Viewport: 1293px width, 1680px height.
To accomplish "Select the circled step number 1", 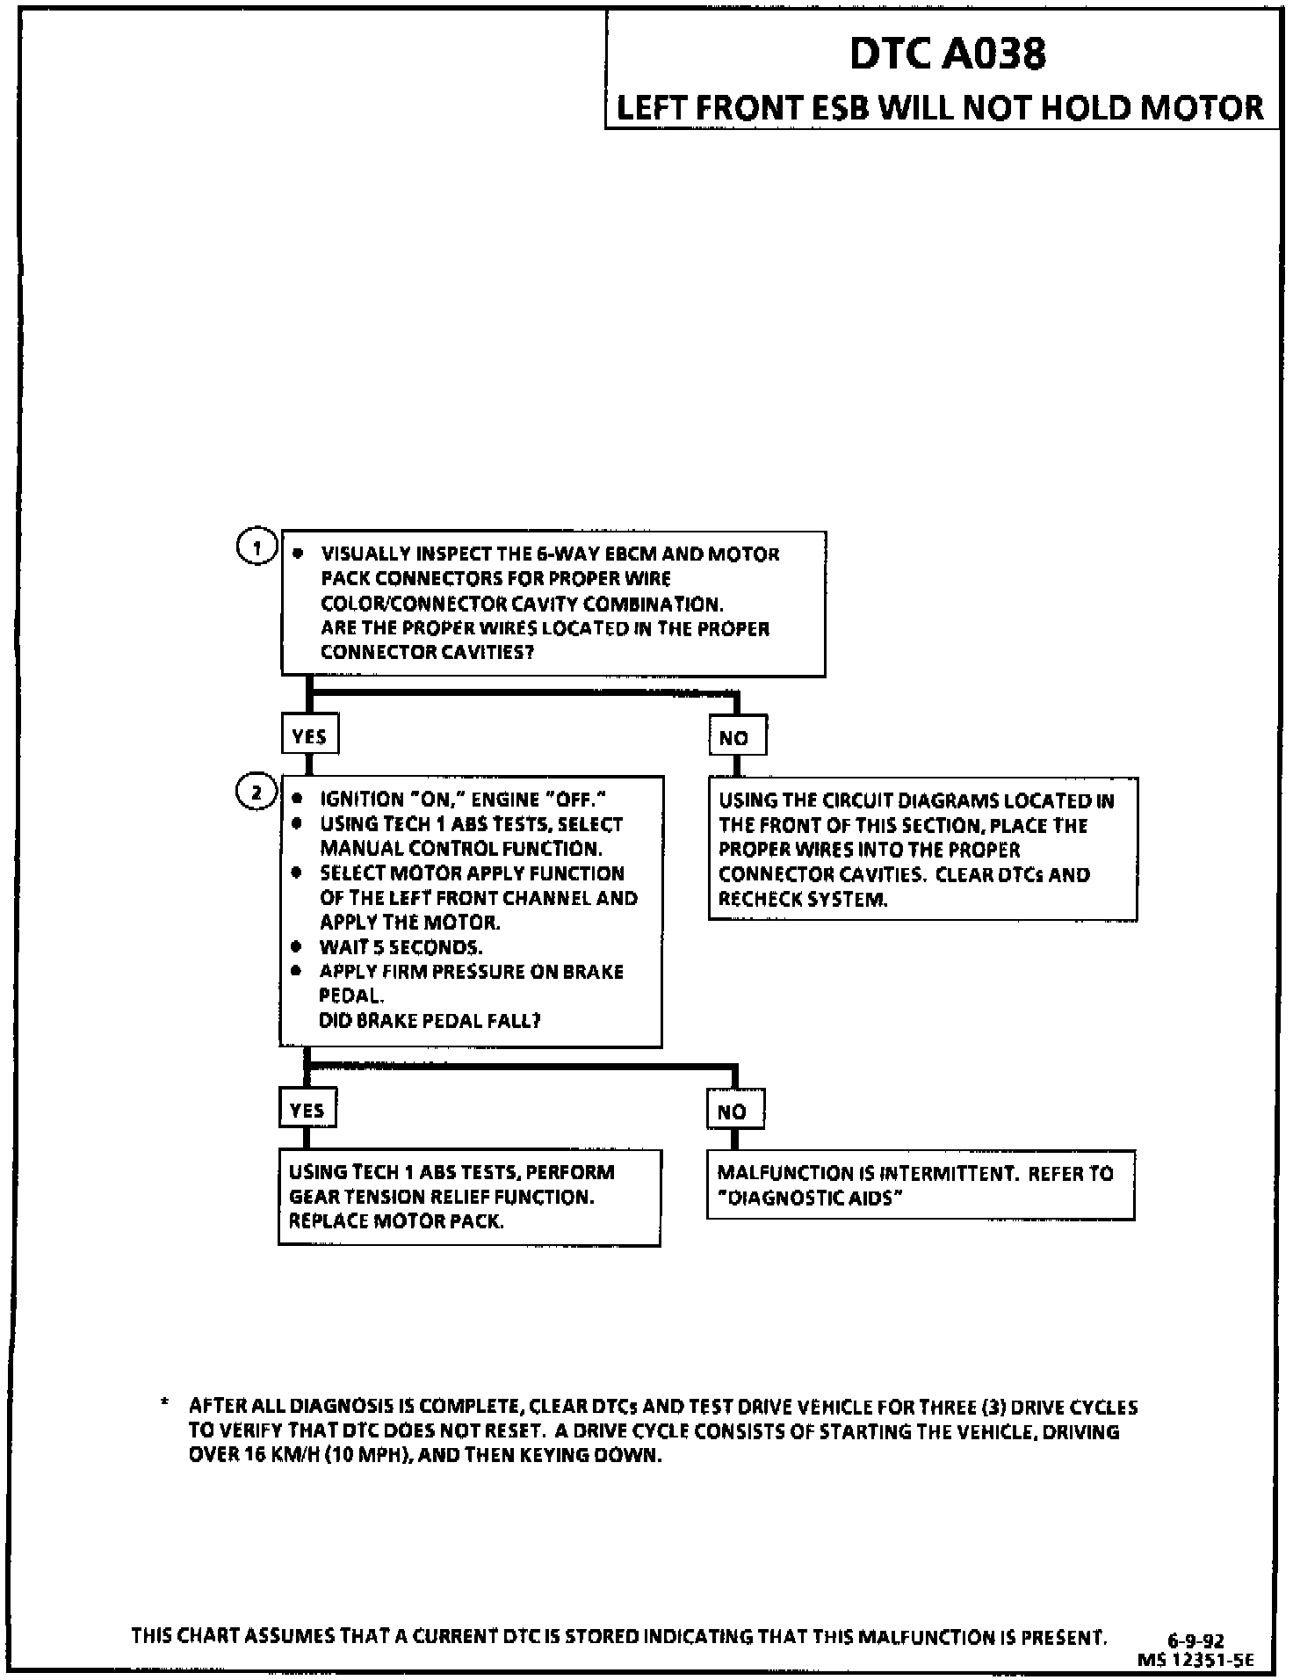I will pos(256,548).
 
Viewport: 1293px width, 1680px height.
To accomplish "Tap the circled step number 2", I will pos(256,793).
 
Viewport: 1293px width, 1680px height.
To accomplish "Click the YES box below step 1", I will pos(309,736).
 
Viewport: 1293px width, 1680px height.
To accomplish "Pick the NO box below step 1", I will pos(736,737).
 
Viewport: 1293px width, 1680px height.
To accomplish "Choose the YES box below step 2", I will pos(307,1110).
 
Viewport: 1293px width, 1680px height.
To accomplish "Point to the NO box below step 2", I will pos(733,1112).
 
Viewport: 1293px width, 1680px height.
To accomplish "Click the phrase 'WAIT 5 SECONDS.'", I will pos(401,947).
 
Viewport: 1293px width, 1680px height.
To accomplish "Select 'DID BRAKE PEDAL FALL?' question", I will pos(430,1020).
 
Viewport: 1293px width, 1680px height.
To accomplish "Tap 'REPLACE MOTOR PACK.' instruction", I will pos(396,1221).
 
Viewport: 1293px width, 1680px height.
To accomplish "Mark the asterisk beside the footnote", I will pos(164,1405).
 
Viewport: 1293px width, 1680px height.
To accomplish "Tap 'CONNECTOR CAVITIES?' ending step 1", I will pos(427,653).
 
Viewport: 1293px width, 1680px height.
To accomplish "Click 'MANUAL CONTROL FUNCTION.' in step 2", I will pos(460,849).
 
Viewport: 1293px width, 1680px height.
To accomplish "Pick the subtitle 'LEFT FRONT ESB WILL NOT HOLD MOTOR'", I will pos(940,108).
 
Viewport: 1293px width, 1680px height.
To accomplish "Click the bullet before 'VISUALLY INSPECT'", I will pos(299,554).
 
